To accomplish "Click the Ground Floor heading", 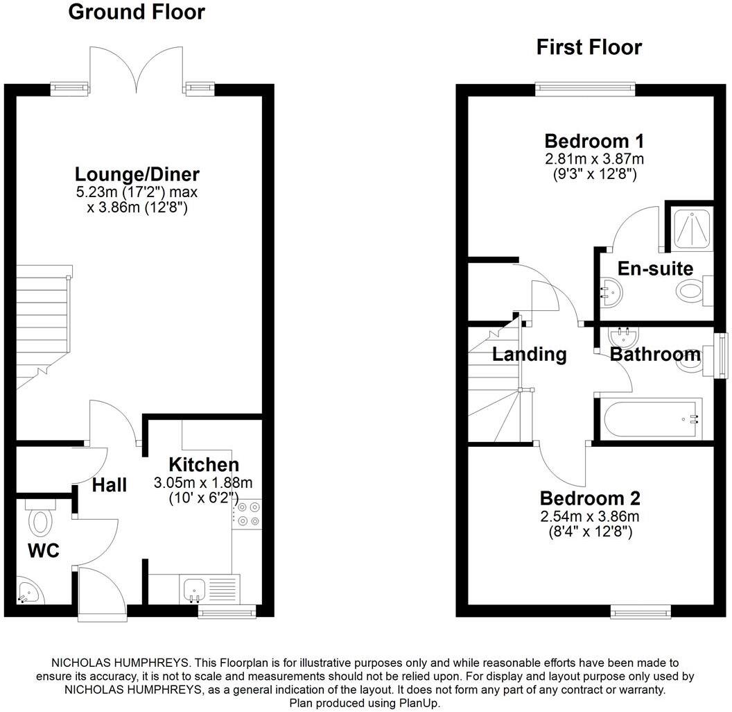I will (137, 12).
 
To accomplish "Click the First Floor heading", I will (589, 47).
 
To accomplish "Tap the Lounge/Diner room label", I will (137, 174).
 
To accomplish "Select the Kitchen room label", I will (204, 464).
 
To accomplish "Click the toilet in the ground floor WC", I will (41, 518).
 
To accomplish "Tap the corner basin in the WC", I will (28, 592).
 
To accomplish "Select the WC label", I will (43, 552).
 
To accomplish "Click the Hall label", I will (110, 485).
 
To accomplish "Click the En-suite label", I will (655, 269).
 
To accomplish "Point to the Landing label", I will (530, 355).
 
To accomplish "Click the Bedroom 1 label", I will (594, 141).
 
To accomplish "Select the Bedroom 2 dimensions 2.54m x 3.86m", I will (590, 517).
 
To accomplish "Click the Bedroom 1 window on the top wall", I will (585, 88).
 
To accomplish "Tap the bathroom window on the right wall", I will (722, 354).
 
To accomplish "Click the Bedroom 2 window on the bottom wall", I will (640, 611).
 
